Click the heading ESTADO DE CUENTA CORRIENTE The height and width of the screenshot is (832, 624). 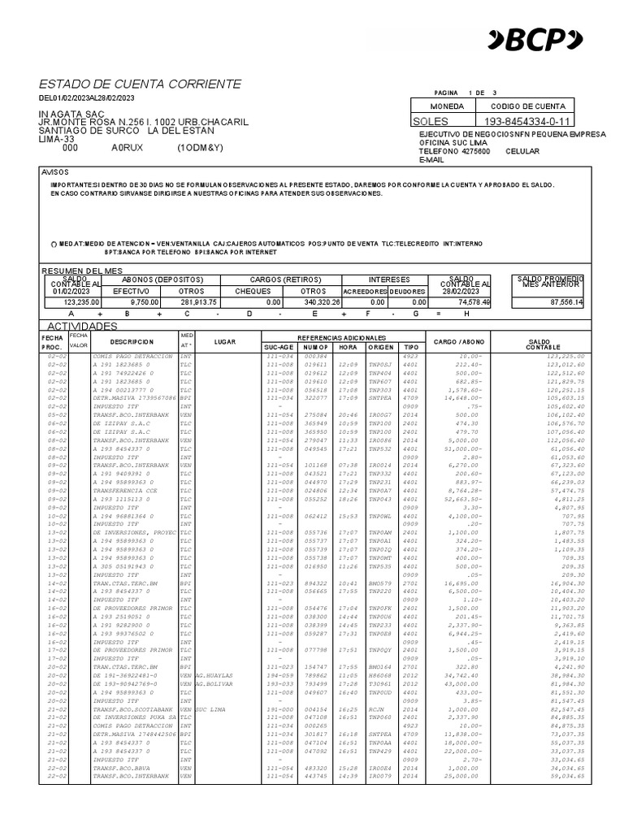coord(140,84)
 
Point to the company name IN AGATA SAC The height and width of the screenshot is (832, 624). coord(71,114)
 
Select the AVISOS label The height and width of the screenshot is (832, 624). coord(56,173)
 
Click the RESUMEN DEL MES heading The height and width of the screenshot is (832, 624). coord(81,270)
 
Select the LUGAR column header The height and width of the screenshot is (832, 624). coord(224,341)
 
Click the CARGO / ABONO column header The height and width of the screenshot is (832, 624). coord(460,341)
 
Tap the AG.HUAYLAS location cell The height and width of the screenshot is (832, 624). coord(214,674)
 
